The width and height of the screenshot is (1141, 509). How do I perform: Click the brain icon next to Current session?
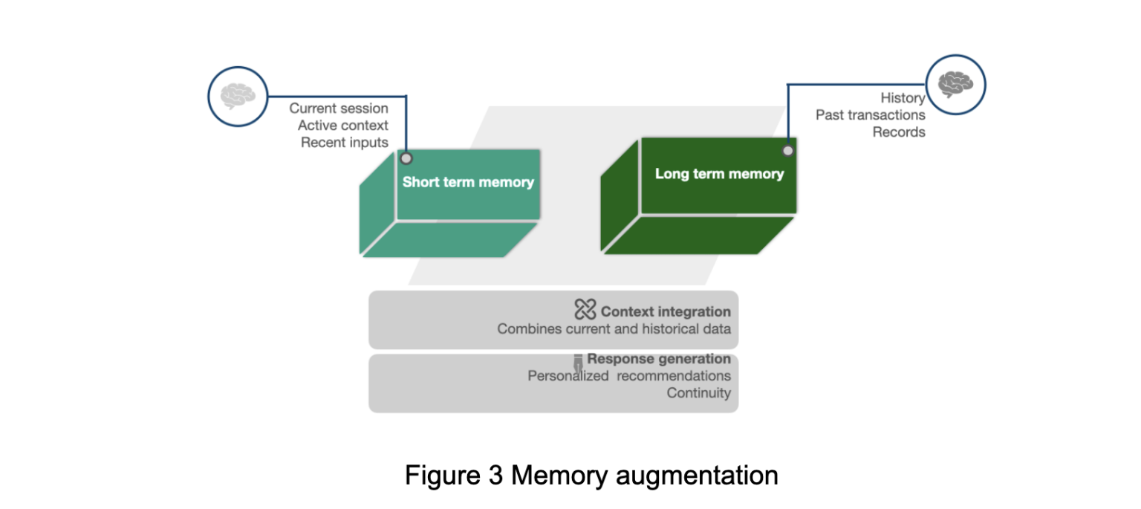238,97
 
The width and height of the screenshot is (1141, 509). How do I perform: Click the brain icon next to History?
955,85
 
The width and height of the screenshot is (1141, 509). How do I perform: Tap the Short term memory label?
468,182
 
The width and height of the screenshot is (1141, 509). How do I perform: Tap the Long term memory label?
719,174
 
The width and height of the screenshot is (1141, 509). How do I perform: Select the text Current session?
339,108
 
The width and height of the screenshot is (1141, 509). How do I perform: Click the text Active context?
343,126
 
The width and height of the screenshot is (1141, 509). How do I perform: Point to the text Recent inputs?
345,143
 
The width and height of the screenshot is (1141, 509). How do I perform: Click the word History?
903,98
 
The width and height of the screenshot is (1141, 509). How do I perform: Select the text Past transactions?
870,115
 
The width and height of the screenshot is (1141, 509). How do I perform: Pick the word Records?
899,132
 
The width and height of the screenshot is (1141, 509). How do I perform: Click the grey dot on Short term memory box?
406,158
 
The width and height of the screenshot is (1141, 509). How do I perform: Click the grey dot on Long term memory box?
788,150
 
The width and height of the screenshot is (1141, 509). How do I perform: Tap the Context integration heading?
666,312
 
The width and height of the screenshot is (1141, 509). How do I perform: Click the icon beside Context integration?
585,309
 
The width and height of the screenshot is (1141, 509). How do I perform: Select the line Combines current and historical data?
614,329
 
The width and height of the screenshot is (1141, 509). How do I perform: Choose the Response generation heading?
659,359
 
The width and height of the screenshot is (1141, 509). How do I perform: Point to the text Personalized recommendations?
629,376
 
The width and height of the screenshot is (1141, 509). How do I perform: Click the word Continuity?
698,393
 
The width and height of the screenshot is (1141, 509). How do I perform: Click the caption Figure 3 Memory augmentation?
591,476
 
